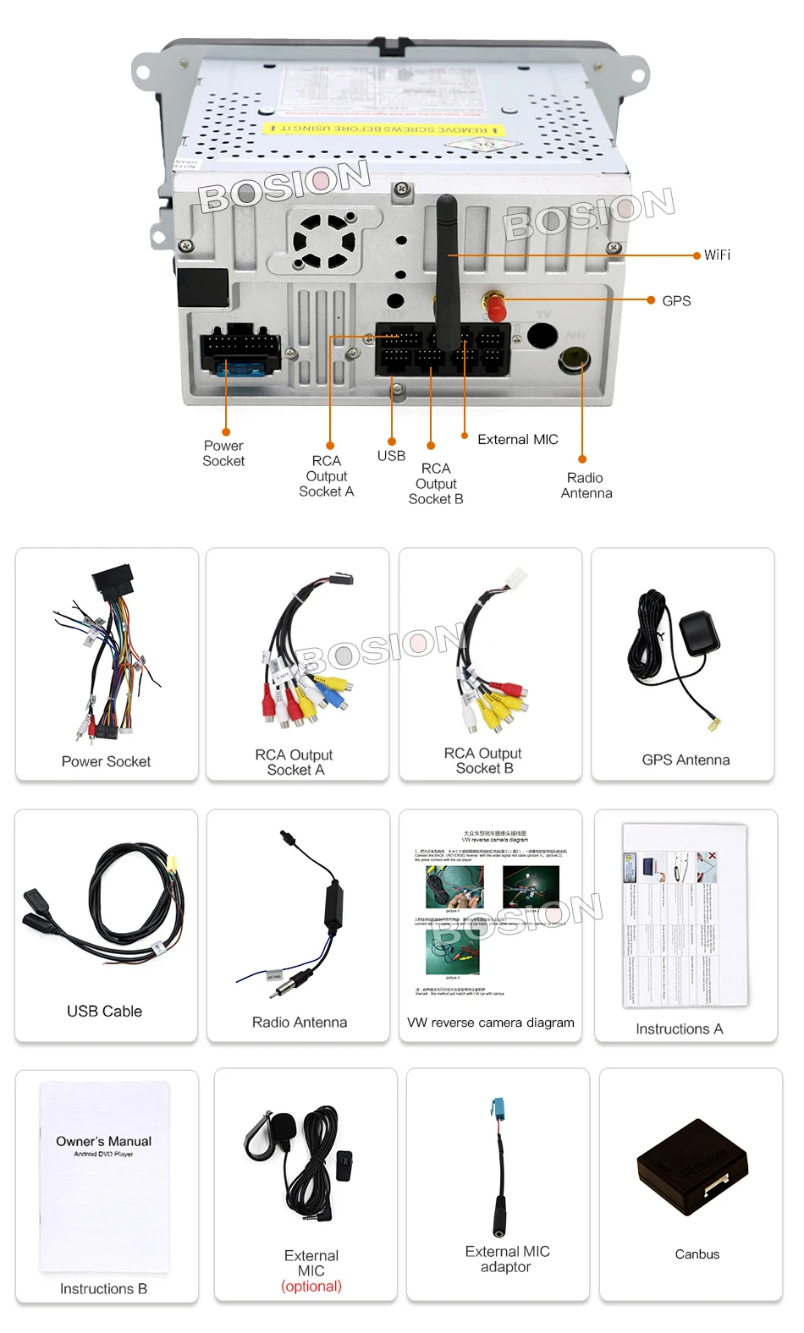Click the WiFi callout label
click(x=716, y=255)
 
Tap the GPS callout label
click(x=676, y=301)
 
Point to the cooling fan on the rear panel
click(x=323, y=240)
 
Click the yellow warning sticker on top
click(x=383, y=129)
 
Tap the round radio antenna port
click(x=573, y=360)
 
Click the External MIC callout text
click(x=517, y=440)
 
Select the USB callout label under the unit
click(x=391, y=456)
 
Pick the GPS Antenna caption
click(x=686, y=760)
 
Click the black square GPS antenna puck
click(x=699, y=633)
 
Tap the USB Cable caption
click(x=104, y=1011)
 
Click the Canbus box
click(x=692, y=1167)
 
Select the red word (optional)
click(x=311, y=1286)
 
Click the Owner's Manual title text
click(x=104, y=1141)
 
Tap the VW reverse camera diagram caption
click(x=490, y=1023)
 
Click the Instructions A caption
click(x=679, y=1029)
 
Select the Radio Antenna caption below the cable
click(x=299, y=1022)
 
